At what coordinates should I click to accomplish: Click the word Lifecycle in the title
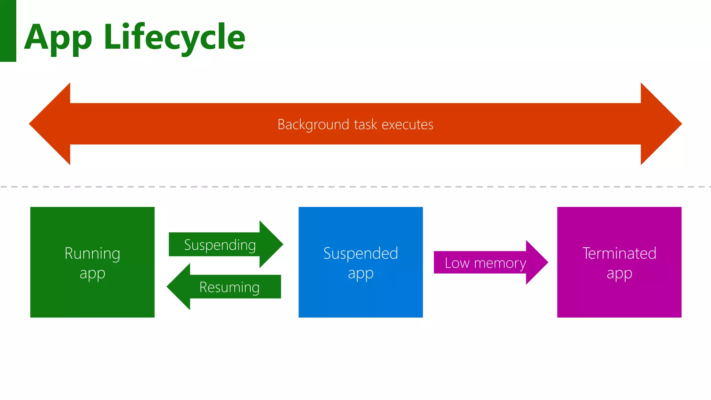[x=174, y=37]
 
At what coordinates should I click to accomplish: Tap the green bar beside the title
[x=8, y=31]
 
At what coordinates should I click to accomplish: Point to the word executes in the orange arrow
[x=408, y=124]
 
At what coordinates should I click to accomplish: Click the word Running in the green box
[x=92, y=253]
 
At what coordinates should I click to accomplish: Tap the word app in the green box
[x=92, y=274]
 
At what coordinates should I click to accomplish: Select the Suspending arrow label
[x=220, y=245]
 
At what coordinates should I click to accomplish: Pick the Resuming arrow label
[x=229, y=287]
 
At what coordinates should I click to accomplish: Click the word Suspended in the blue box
[x=360, y=253]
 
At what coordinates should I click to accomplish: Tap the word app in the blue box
[x=361, y=274]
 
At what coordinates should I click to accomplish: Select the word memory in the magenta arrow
[x=500, y=263]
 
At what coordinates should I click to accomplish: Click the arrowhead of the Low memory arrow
[x=538, y=262]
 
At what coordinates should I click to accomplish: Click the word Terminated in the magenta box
[x=619, y=253]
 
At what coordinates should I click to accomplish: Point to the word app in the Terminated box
[x=619, y=274]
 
